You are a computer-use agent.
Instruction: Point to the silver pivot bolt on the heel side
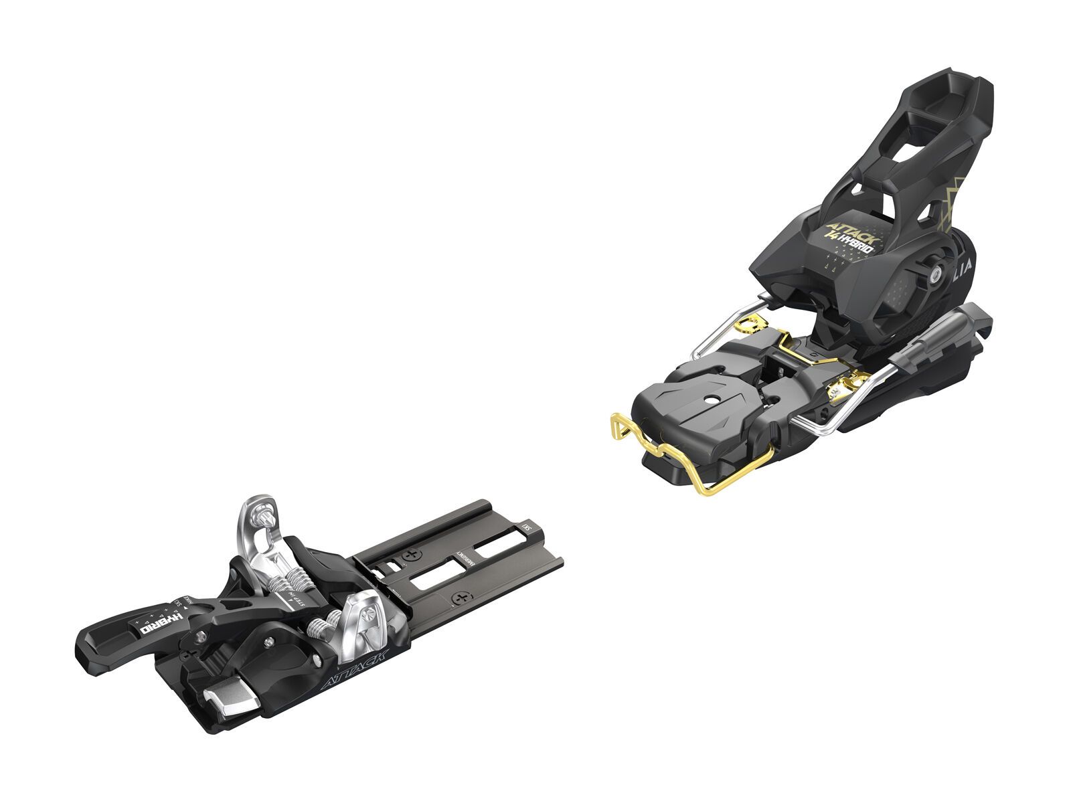pos(932,270)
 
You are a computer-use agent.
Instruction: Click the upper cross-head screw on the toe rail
pos(410,554)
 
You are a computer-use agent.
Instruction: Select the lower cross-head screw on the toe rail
pos(459,597)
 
